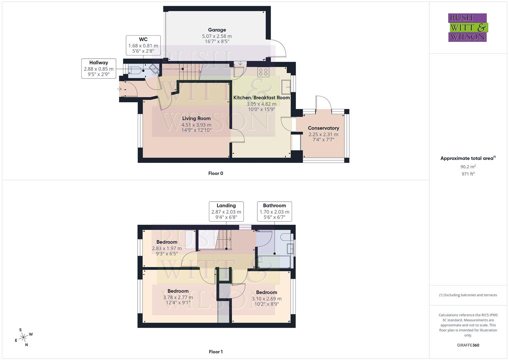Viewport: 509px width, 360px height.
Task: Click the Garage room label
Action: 217,30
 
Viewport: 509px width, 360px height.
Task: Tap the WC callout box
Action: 143,45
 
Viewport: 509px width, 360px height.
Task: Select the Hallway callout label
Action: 99,68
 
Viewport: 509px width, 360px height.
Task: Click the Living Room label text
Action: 196,118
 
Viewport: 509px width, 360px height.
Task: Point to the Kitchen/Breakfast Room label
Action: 261,98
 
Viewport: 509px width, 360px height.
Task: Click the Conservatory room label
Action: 323,128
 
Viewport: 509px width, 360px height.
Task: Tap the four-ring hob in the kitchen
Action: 263,72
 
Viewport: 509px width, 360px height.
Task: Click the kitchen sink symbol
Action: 286,87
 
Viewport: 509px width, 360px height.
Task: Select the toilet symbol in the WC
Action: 135,71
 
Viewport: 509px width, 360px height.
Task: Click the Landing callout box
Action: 226,211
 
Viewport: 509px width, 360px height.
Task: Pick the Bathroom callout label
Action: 274,211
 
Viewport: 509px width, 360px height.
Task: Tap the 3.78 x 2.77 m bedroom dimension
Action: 178,297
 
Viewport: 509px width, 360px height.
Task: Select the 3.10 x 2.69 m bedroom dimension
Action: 267,299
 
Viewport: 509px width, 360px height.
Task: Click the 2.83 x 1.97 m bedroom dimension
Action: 167,248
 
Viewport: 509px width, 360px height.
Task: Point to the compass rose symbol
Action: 23,337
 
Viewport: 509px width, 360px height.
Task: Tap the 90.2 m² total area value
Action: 468,167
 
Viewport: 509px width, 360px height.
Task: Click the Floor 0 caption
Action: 216,173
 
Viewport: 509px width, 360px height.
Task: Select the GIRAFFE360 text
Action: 468,345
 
